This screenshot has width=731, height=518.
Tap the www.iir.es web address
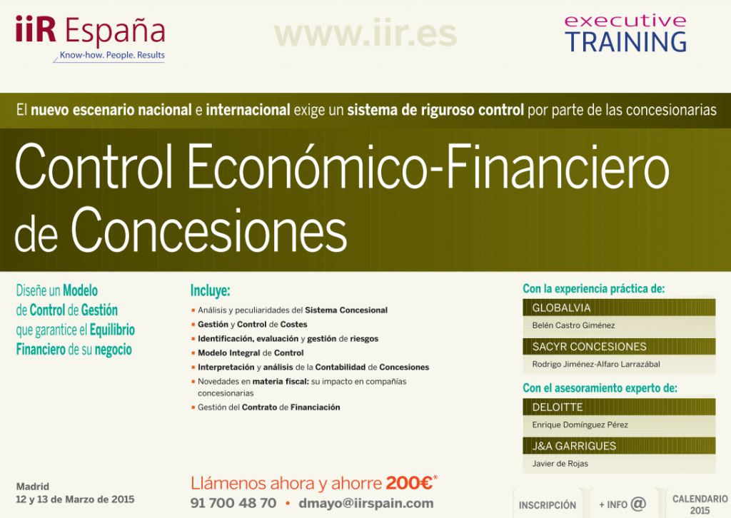tap(365, 34)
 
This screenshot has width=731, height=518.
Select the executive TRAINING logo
tap(625, 34)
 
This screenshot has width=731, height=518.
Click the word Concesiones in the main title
tap(208, 230)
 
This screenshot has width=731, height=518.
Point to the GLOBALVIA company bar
tap(619, 308)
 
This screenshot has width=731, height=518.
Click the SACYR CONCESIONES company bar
tap(619, 347)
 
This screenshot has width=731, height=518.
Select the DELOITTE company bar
tap(619, 407)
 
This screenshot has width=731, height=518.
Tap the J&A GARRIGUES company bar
tap(619, 446)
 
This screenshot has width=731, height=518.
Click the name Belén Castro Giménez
tap(573, 325)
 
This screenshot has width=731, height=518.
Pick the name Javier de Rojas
tap(560, 464)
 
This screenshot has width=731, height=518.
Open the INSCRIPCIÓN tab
tap(548, 504)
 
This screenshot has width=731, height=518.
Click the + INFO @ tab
tap(622, 504)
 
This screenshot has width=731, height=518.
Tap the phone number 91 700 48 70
tap(233, 503)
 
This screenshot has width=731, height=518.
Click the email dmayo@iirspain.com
tap(366, 503)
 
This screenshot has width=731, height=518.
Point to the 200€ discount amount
tap(410, 483)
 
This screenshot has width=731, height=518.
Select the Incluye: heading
tap(210, 291)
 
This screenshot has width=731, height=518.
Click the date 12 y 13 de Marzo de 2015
tap(75, 499)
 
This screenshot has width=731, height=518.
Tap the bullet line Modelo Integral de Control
tap(251, 352)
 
